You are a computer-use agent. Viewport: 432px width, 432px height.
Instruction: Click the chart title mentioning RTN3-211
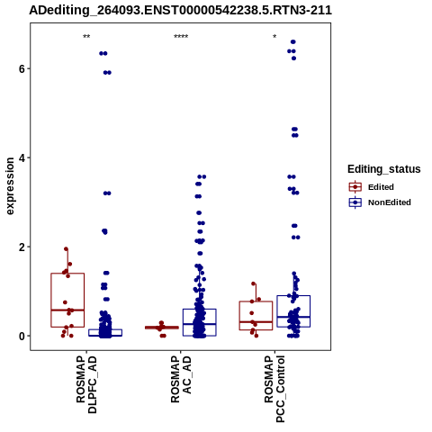180,10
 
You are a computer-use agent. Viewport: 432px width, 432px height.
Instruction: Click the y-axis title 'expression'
10,186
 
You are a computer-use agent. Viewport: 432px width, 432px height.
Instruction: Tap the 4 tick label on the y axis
22,157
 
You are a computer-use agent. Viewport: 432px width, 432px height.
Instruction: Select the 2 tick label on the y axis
22,247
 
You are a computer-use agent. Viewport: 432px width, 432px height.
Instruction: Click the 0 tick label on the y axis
22,336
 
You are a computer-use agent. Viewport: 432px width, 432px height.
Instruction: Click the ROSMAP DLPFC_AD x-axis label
86,385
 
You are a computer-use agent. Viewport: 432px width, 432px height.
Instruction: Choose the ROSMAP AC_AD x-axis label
181,380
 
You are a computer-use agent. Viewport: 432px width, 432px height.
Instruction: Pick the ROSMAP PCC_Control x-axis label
274,389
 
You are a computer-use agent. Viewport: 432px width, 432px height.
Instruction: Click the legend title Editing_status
384,169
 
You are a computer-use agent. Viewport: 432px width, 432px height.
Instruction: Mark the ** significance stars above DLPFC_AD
86,37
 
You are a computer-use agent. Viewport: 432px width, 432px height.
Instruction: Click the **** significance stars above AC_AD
181,37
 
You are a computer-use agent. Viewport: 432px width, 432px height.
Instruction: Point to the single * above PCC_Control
274,37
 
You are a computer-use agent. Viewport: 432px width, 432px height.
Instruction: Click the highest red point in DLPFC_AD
67,248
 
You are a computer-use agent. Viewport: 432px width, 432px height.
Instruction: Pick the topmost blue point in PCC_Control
293,41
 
